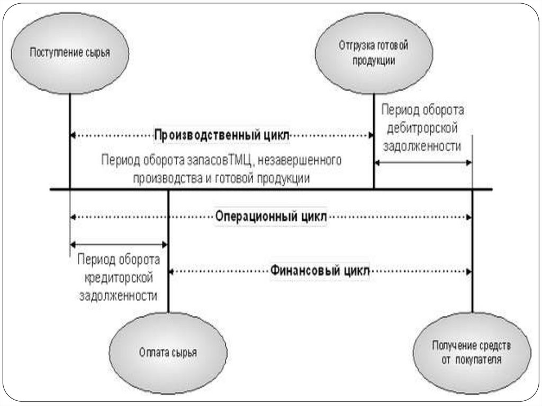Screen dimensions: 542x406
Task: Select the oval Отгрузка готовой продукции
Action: coord(373,53)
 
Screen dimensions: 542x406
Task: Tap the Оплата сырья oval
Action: coord(168,353)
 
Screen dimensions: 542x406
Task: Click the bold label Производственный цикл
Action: coord(222,135)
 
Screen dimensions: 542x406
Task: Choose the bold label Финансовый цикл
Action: coord(320,270)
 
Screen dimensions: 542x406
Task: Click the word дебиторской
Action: coord(422,128)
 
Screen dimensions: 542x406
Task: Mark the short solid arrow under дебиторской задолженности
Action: coord(423,163)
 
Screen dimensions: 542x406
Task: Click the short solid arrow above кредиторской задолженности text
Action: coord(119,244)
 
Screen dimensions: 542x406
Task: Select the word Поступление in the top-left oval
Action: coord(56,53)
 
